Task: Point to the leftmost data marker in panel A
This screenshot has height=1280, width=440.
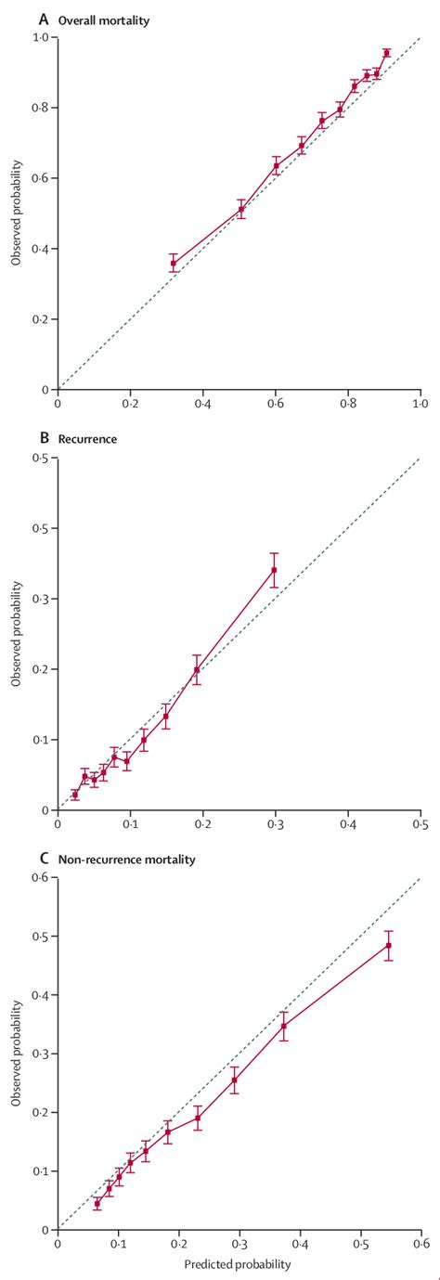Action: (x=173, y=264)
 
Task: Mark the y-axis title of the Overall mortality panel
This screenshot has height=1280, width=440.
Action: (x=16, y=213)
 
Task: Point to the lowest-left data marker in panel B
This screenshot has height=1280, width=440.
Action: (x=75, y=795)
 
